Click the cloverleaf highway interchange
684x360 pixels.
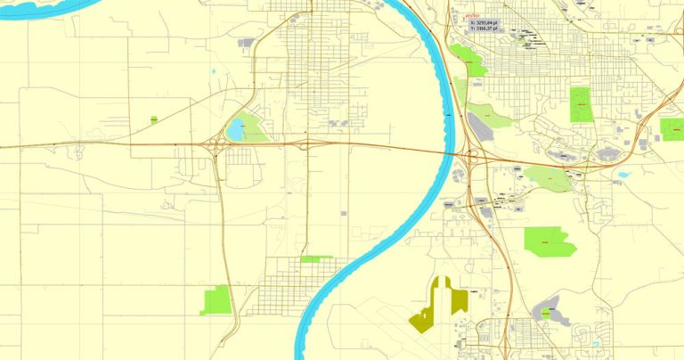[216, 144]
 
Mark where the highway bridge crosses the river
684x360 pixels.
[451, 153]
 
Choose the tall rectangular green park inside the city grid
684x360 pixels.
[581, 104]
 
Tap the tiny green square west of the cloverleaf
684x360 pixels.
[154, 119]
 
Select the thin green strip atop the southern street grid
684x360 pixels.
[316, 258]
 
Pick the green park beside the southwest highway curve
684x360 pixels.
[216, 300]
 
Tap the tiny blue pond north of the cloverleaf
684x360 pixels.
[213, 71]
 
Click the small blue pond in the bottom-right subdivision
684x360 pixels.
[594, 342]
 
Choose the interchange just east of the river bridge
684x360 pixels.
[471, 160]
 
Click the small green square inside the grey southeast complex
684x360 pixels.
[545, 314]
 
